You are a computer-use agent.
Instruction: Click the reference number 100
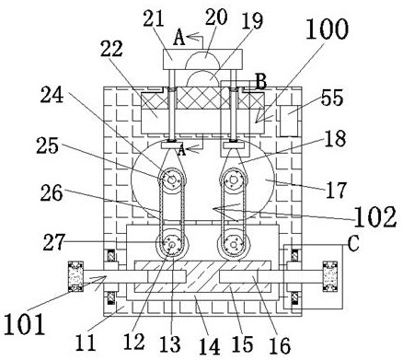[x=328, y=29]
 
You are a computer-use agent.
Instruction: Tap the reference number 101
[x=25, y=324]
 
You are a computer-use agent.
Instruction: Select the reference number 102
[x=375, y=216]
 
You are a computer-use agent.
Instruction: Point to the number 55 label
[x=332, y=98]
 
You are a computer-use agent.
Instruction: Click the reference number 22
[x=111, y=49]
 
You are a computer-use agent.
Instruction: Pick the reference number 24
[x=52, y=95]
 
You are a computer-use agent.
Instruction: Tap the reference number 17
[x=336, y=191]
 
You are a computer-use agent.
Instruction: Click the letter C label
[x=353, y=245]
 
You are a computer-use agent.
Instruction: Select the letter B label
[x=261, y=82]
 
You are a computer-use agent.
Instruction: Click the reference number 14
[x=210, y=346]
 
